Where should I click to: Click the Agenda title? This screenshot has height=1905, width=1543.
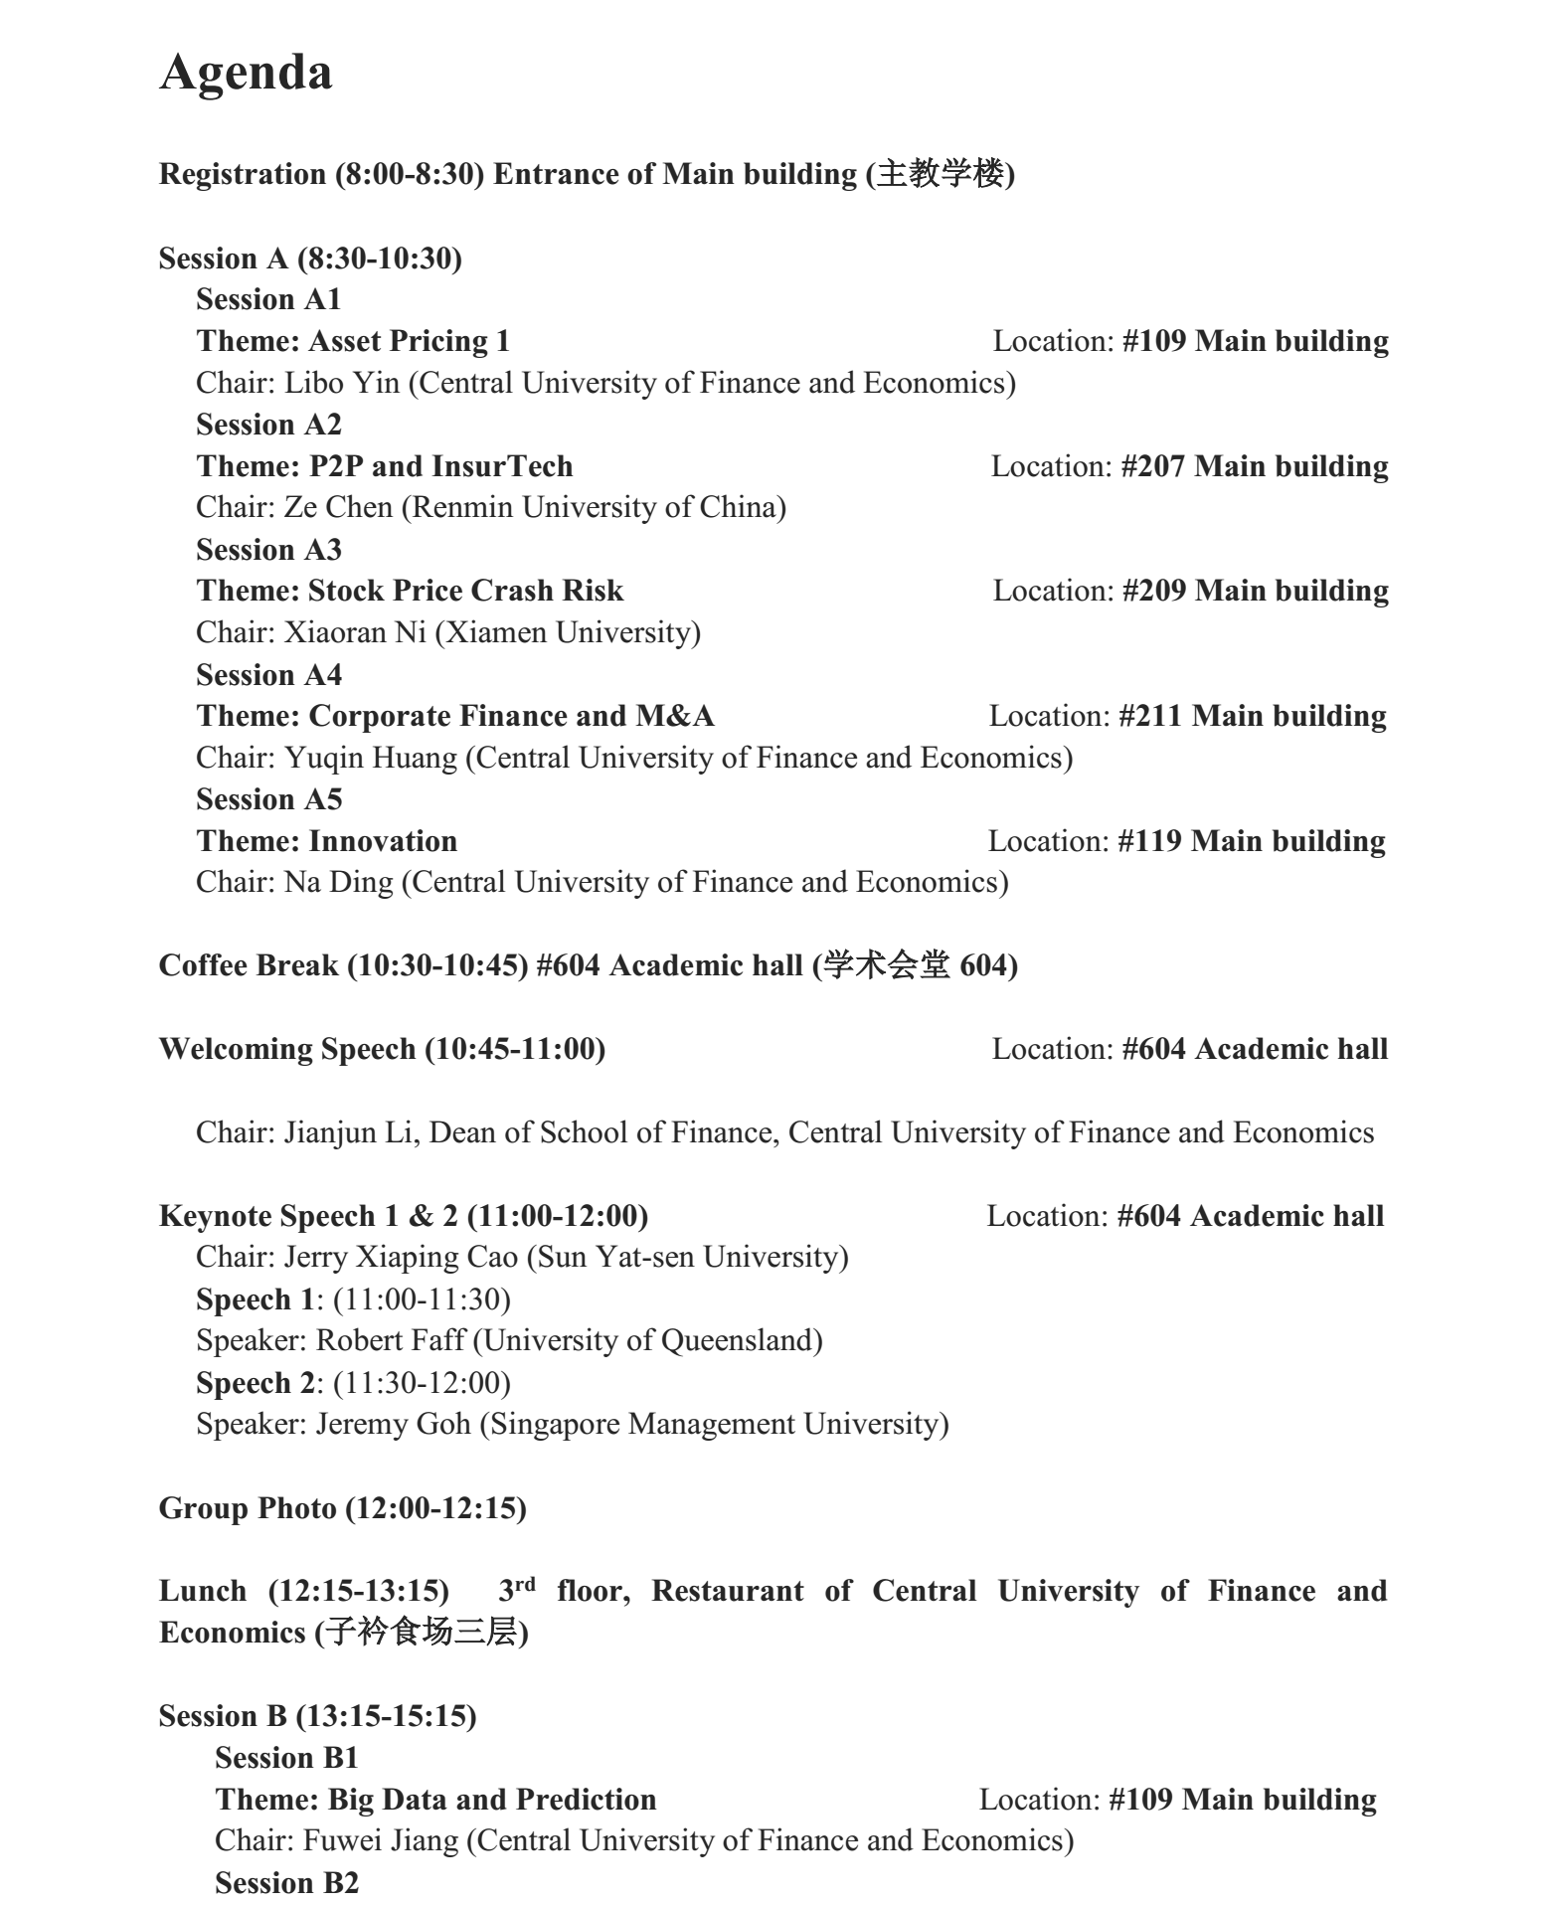click(246, 73)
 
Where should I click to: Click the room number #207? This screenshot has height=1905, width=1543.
click(1152, 466)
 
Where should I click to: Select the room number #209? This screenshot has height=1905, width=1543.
click(1153, 591)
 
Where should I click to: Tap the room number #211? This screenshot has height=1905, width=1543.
click(1150, 716)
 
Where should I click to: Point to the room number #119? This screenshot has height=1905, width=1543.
click(1149, 841)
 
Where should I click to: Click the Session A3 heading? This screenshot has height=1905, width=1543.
click(268, 550)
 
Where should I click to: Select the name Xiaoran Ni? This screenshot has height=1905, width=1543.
click(355, 632)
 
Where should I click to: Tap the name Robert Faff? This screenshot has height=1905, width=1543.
click(390, 1340)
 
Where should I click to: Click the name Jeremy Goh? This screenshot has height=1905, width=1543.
click(393, 1424)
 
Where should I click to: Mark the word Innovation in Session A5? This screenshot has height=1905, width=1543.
click(383, 841)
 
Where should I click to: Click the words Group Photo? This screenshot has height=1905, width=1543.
click(248, 1508)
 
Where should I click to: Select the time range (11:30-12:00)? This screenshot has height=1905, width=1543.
click(422, 1383)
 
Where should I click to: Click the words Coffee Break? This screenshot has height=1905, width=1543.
click(248, 965)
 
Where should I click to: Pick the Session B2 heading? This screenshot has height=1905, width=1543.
click(286, 1883)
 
